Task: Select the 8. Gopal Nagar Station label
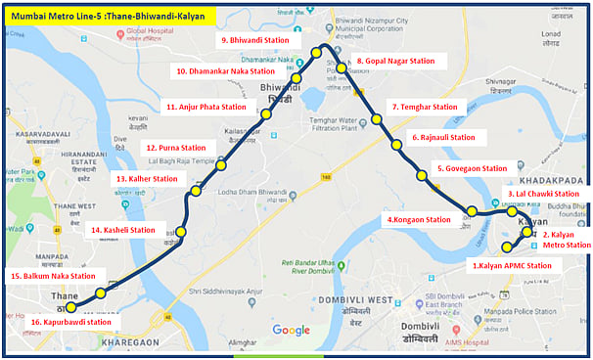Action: [401, 61]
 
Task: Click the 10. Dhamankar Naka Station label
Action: [225, 71]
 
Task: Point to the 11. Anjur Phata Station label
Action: [206, 107]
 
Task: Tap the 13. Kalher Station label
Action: [147, 179]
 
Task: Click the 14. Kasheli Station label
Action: [123, 230]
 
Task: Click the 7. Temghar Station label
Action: [424, 107]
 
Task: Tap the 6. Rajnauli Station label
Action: [449, 138]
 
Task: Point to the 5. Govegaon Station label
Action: [477, 168]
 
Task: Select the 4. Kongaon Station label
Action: [419, 220]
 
